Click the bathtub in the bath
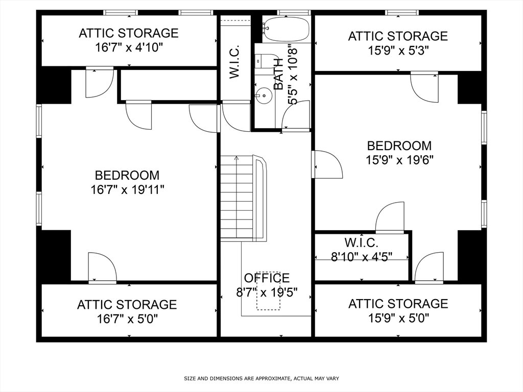[x=287, y=29]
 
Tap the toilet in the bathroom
[x=266, y=61]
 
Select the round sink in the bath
[x=264, y=95]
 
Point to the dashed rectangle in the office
[x=268, y=290]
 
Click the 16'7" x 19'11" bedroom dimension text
[x=127, y=190]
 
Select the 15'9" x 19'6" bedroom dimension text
[x=399, y=160]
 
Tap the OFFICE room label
[x=267, y=278]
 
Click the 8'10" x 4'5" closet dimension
[x=362, y=257]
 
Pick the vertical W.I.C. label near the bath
[x=235, y=62]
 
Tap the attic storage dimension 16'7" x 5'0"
[x=127, y=319]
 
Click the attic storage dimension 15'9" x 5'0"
[x=398, y=318]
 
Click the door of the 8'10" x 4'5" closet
[x=390, y=216]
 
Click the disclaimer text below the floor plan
[x=261, y=378]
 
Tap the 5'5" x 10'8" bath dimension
[x=293, y=75]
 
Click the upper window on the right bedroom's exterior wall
[x=484, y=128]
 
